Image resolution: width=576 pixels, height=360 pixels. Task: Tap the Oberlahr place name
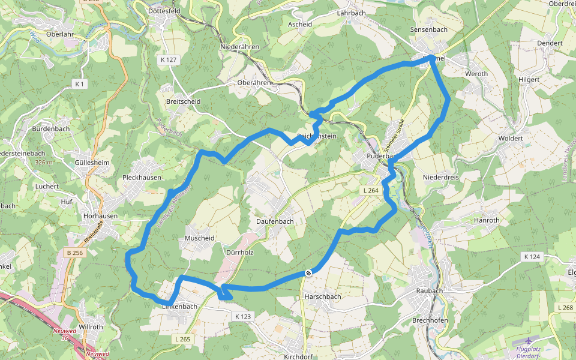[x=59, y=34]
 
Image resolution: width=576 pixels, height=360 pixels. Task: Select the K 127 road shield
[x=169, y=60]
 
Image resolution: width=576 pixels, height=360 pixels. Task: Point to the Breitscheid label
[x=183, y=101]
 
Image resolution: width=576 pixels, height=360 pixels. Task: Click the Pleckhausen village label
[x=142, y=178]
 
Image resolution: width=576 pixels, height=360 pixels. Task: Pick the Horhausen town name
[x=100, y=216]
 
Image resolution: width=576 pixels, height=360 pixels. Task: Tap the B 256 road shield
[x=76, y=253]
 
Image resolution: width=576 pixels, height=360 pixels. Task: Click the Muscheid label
[x=200, y=238]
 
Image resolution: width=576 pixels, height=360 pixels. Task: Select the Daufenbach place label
[x=275, y=221]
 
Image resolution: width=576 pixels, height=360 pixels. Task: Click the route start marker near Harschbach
[x=308, y=274]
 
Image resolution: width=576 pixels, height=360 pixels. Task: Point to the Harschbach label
[x=323, y=296]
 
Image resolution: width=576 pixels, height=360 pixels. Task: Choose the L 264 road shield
[x=370, y=190]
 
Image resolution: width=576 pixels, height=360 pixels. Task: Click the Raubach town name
[x=429, y=290]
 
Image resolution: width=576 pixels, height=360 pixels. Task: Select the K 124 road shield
[x=532, y=257]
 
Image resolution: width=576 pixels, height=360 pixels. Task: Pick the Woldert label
[x=511, y=139]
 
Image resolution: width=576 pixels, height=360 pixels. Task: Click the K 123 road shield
[x=243, y=316]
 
